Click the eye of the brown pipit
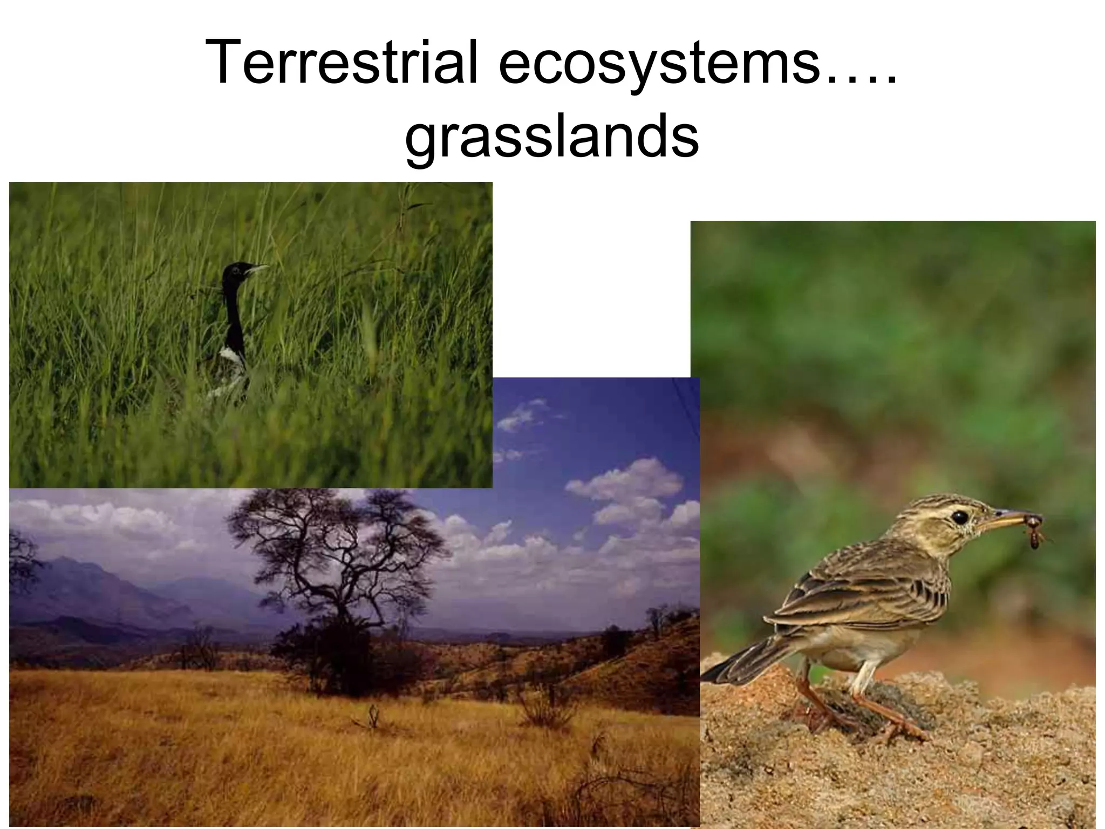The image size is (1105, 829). [x=959, y=517]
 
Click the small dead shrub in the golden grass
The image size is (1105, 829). [x=371, y=718]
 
